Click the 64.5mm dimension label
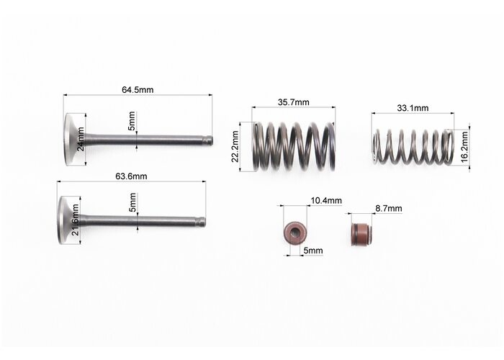[x=138, y=90]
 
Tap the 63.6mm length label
[x=131, y=176]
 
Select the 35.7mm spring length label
[x=294, y=102]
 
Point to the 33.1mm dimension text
[x=413, y=108]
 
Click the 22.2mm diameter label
[x=235, y=147]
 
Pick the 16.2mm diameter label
[x=464, y=147]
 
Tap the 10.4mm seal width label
[x=326, y=201]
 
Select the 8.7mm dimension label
[x=389, y=209]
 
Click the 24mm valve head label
[x=81, y=139]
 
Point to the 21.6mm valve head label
[x=75, y=220]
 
